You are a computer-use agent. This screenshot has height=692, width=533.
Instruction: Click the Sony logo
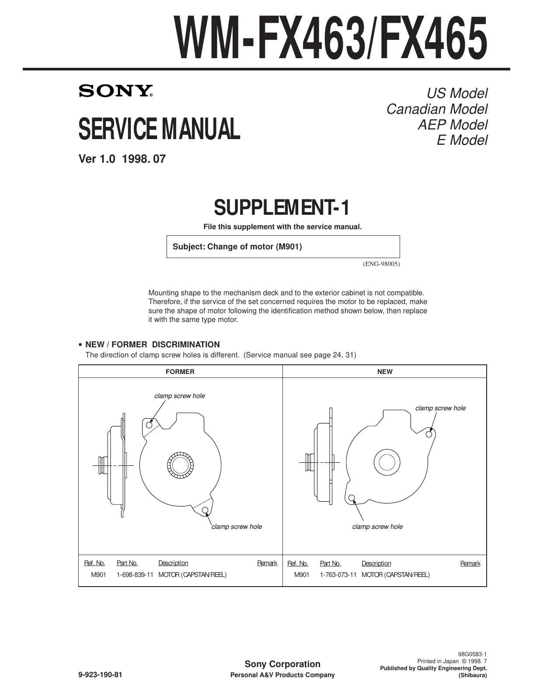(x=116, y=91)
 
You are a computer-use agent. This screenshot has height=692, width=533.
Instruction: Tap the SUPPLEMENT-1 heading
(x=282, y=207)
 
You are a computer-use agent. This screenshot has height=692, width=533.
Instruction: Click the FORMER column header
(x=180, y=372)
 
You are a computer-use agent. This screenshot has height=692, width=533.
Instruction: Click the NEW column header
(x=385, y=372)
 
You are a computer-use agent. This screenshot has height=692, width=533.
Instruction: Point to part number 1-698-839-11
(x=135, y=575)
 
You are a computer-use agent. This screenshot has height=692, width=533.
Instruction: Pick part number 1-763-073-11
(x=338, y=575)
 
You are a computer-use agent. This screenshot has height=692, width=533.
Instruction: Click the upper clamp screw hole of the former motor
(x=149, y=425)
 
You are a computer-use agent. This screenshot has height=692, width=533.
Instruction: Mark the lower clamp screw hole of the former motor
(x=205, y=510)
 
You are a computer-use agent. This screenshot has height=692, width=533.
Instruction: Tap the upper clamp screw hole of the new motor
(x=429, y=434)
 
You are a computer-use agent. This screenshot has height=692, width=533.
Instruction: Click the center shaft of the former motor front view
(x=179, y=465)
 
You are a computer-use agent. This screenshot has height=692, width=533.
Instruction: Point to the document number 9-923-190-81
(x=100, y=675)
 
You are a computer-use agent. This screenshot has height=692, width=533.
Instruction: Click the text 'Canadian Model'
(x=437, y=109)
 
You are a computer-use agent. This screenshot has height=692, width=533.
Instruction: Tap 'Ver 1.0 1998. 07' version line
(x=122, y=159)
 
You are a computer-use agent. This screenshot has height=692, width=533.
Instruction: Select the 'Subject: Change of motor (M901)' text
(x=237, y=247)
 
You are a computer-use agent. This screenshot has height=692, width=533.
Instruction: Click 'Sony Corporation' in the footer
(x=282, y=664)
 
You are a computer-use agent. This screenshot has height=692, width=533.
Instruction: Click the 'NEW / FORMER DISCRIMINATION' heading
(x=152, y=344)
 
